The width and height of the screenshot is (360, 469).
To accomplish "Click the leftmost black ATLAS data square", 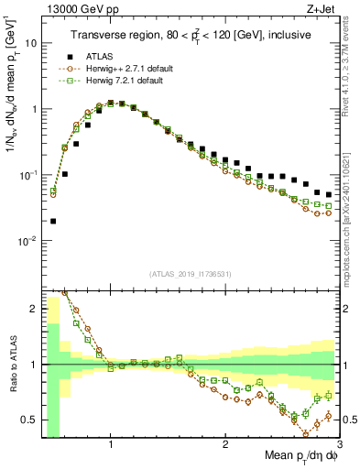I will coord(52,221).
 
